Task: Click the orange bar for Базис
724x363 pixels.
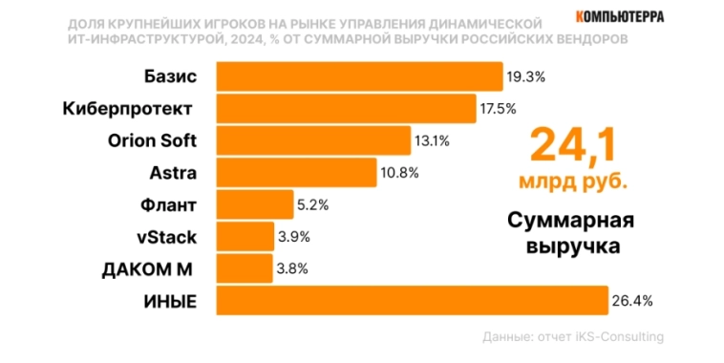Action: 359,76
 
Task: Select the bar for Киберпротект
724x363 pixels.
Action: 346,108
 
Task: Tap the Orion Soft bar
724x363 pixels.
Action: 313,140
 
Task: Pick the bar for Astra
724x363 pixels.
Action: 296,172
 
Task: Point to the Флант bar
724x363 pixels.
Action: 255,204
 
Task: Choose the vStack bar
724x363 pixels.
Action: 245,236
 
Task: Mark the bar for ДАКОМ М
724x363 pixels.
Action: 245,268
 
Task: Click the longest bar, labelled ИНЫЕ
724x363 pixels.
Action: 413,301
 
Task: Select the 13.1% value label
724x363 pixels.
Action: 432,140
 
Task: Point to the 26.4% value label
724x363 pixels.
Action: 632,301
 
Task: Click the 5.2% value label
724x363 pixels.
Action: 314,204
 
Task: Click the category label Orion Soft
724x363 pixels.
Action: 152,140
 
